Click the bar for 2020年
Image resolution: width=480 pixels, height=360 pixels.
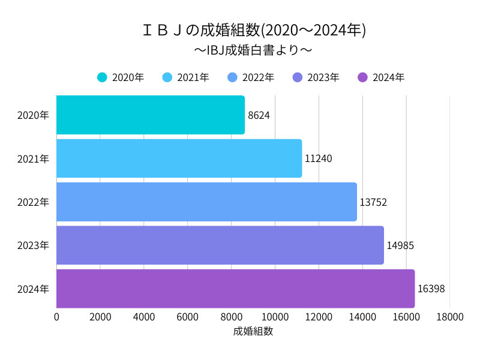[151, 115]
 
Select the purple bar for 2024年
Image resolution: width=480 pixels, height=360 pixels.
[235, 289]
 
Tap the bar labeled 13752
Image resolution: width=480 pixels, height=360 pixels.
[206, 202]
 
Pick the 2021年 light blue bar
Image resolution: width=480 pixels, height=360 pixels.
[179, 158]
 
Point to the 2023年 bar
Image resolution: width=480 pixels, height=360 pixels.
[220, 245]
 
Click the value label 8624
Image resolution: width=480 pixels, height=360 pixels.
[259, 115]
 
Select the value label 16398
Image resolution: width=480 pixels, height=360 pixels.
[431, 289]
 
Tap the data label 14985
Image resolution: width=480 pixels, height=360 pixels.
[400, 245]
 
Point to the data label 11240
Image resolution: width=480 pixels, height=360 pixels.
[318, 158]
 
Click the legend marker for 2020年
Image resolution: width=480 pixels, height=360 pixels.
[102, 77]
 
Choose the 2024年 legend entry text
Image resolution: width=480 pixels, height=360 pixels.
[388, 77]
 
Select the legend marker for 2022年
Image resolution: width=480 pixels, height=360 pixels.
[233, 77]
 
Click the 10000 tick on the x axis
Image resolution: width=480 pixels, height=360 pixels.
[275, 317]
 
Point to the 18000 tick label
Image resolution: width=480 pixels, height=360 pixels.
[450, 317]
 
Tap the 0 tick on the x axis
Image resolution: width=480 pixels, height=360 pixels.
[57, 317]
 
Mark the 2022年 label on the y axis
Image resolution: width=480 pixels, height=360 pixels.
[33, 202]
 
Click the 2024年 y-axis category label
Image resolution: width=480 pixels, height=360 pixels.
[33, 289]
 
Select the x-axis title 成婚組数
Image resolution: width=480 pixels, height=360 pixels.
[253, 331]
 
